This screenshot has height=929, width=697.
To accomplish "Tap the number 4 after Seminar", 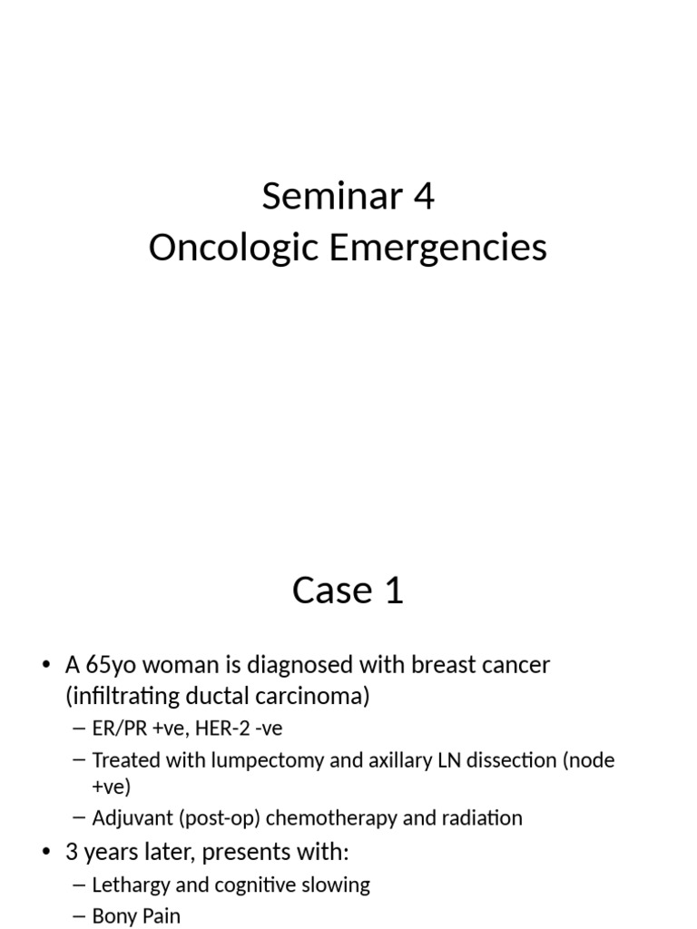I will tap(423, 197).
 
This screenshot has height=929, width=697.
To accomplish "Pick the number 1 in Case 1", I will tap(393, 591).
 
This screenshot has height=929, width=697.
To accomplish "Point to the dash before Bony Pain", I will tap(79, 916).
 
